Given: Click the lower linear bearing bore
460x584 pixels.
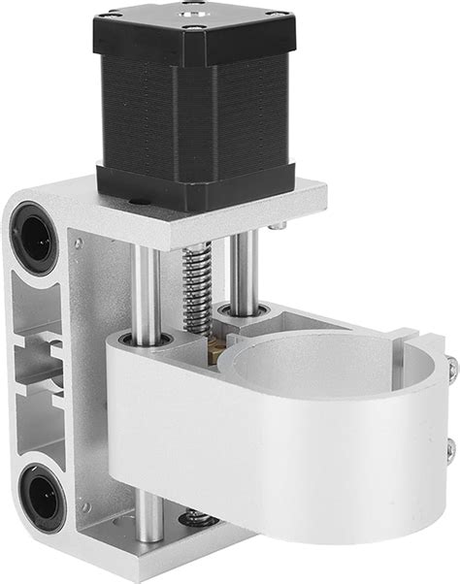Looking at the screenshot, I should pyautogui.click(x=40, y=497).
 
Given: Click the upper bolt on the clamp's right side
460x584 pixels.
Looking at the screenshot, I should pyautogui.click(x=451, y=367).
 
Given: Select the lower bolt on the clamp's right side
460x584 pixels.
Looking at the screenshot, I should pyautogui.click(x=448, y=449).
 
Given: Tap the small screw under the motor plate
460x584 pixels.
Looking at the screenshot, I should pyautogui.click(x=278, y=225).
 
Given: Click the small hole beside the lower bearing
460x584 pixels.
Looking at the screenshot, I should pyautogui.click(x=85, y=506).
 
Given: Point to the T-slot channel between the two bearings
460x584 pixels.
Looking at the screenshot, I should pyautogui.click(x=39, y=369).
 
